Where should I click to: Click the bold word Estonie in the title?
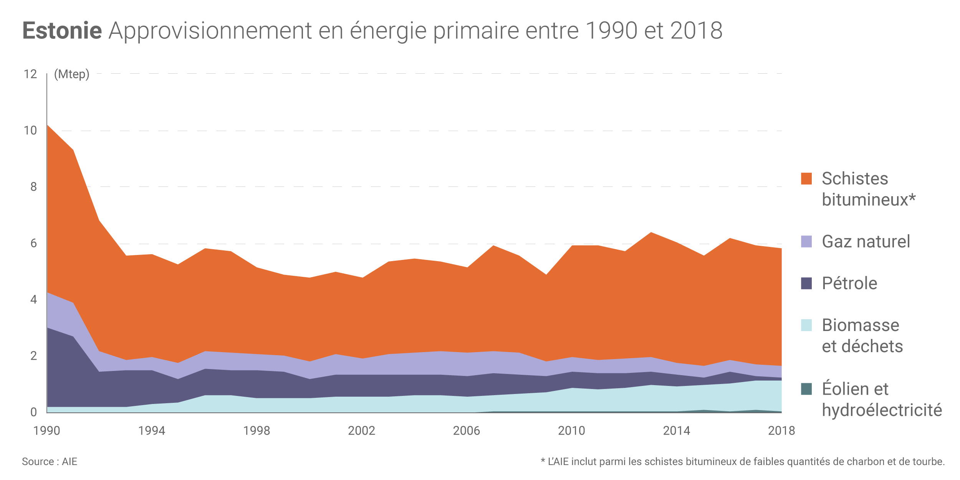point(62,31)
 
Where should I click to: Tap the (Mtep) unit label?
point(71,74)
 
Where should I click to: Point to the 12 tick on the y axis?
point(30,74)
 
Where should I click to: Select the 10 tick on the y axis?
point(30,131)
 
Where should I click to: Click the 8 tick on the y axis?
point(33,187)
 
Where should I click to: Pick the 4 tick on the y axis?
point(33,300)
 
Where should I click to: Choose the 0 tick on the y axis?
point(33,412)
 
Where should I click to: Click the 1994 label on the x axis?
point(152,431)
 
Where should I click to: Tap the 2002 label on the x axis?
point(361,431)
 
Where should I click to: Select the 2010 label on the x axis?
point(571,431)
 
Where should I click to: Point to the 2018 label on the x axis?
point(781,431)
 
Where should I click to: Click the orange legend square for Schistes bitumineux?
point(806,179)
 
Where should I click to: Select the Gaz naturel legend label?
point(866,242)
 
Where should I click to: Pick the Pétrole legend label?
point(849,283)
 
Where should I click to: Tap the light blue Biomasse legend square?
point(806,325)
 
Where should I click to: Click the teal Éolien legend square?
point(806,389)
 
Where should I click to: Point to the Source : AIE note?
point(50,462)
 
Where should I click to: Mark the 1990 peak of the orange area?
point(47,125)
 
